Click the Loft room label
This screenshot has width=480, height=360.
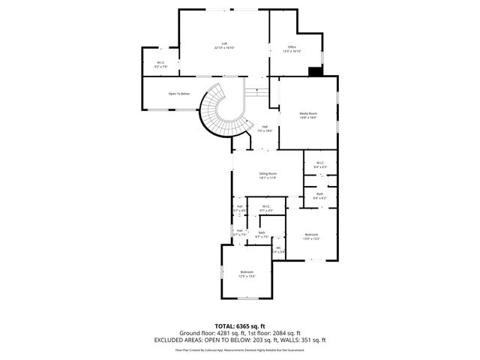[x=224, y=43]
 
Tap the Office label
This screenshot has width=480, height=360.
[x=291, y=47]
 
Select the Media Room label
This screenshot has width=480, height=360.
[x=308, y=113]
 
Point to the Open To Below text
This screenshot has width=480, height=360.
[x=178, y=94]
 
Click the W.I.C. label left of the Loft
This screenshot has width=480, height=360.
[x=161, y=62]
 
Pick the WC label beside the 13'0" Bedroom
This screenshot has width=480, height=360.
[x=278, y=247]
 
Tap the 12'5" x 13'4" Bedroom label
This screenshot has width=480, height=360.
[x=247, y=271]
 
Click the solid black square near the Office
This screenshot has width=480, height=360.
[x=315, y=72]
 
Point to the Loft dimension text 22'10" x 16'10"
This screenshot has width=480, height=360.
[x=224, y=48]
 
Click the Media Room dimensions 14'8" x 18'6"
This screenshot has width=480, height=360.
[x=308, y=118]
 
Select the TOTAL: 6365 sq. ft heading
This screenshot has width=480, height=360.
[x=240, y=325]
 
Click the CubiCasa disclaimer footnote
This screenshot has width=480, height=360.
[x=240, y=349]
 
